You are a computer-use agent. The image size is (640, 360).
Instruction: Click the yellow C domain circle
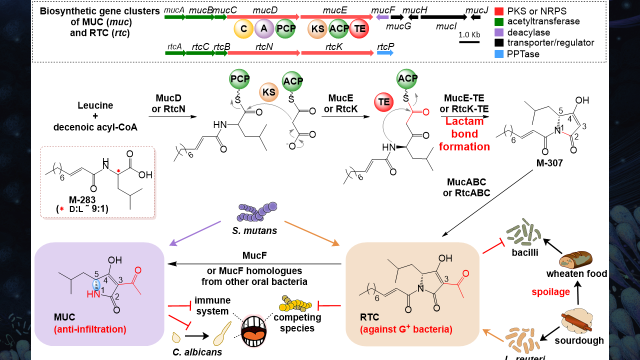click(x=243, y=29)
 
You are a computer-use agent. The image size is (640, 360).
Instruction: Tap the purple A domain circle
click(x=264, y=29)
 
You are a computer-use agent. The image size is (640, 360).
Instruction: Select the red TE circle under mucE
click(x=359, y=29)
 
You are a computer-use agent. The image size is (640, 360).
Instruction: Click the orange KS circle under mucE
click(x=317, y=29)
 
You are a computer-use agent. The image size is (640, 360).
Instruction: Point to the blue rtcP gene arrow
click(x=385, y=52)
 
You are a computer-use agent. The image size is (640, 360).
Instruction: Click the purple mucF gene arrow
click(x=382, y=17)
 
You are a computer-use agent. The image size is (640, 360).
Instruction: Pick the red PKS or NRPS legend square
click(x=498, y=10)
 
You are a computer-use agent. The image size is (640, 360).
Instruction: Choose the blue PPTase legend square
click(x=498, y=53)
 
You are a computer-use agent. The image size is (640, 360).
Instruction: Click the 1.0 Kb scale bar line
click(x=469, y=42)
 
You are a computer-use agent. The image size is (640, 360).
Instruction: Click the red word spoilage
click(x=550, y=292)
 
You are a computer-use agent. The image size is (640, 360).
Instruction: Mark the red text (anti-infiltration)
click(x=89, y=329)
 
